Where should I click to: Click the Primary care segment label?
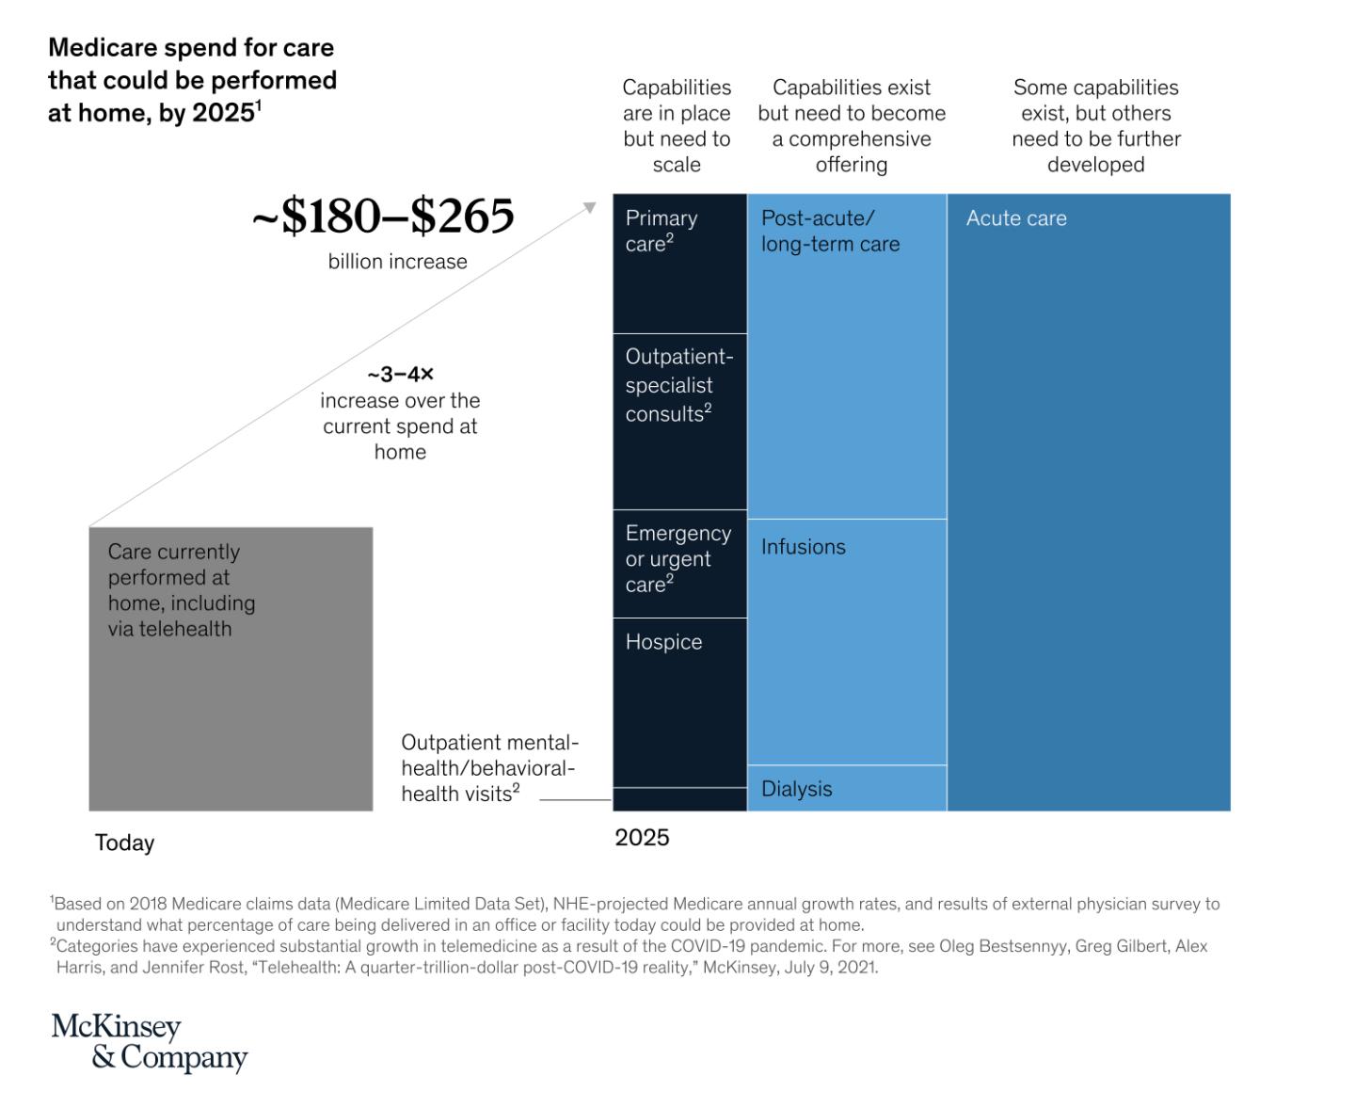pos(662,231)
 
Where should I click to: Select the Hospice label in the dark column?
pos(663,642)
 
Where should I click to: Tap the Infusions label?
pos(804,547)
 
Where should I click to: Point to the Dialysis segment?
pos(797,789)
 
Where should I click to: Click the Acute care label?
pos(1016,218)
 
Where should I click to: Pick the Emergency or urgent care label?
pos(677,558)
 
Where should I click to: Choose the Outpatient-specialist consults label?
pos(678,385)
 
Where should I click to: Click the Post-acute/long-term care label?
pos(830,231)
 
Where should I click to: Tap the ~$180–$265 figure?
pos(383,217)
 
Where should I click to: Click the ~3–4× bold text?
pos(400,375)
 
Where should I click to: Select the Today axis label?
pos(124,843)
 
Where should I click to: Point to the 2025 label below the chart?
pos(642,838)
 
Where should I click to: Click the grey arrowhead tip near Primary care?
pos(592,206)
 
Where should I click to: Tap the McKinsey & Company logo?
pos(149,1042)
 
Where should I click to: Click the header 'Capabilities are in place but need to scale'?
pos(677,126)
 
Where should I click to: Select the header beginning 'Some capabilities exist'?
pos(1096,126)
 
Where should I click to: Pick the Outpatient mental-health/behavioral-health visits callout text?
pos(489,768)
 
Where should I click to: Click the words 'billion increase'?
pos(397,262)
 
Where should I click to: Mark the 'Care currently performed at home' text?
pos(182,590)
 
